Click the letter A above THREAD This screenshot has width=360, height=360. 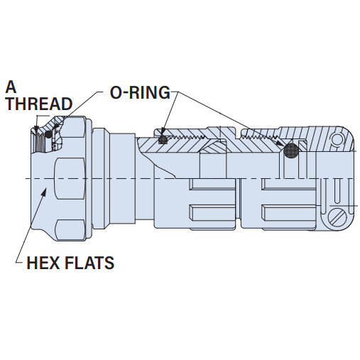point(11,87)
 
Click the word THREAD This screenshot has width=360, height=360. point(39,104)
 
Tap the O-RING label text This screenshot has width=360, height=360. point(140,92)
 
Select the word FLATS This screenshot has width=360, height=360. point(89,263)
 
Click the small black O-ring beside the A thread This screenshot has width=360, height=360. point(48,134)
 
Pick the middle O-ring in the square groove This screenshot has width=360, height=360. point(163,140)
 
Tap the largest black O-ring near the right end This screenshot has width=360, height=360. point(291,150)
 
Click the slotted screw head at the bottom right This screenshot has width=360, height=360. point(337,217)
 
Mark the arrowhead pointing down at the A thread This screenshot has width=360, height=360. point(36,129)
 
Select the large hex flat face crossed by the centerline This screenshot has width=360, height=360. point(70,178)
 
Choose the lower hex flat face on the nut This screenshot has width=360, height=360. point(70,230)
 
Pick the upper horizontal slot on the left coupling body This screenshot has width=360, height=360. point(212,185)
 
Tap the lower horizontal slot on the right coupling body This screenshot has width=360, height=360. point(289,212)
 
